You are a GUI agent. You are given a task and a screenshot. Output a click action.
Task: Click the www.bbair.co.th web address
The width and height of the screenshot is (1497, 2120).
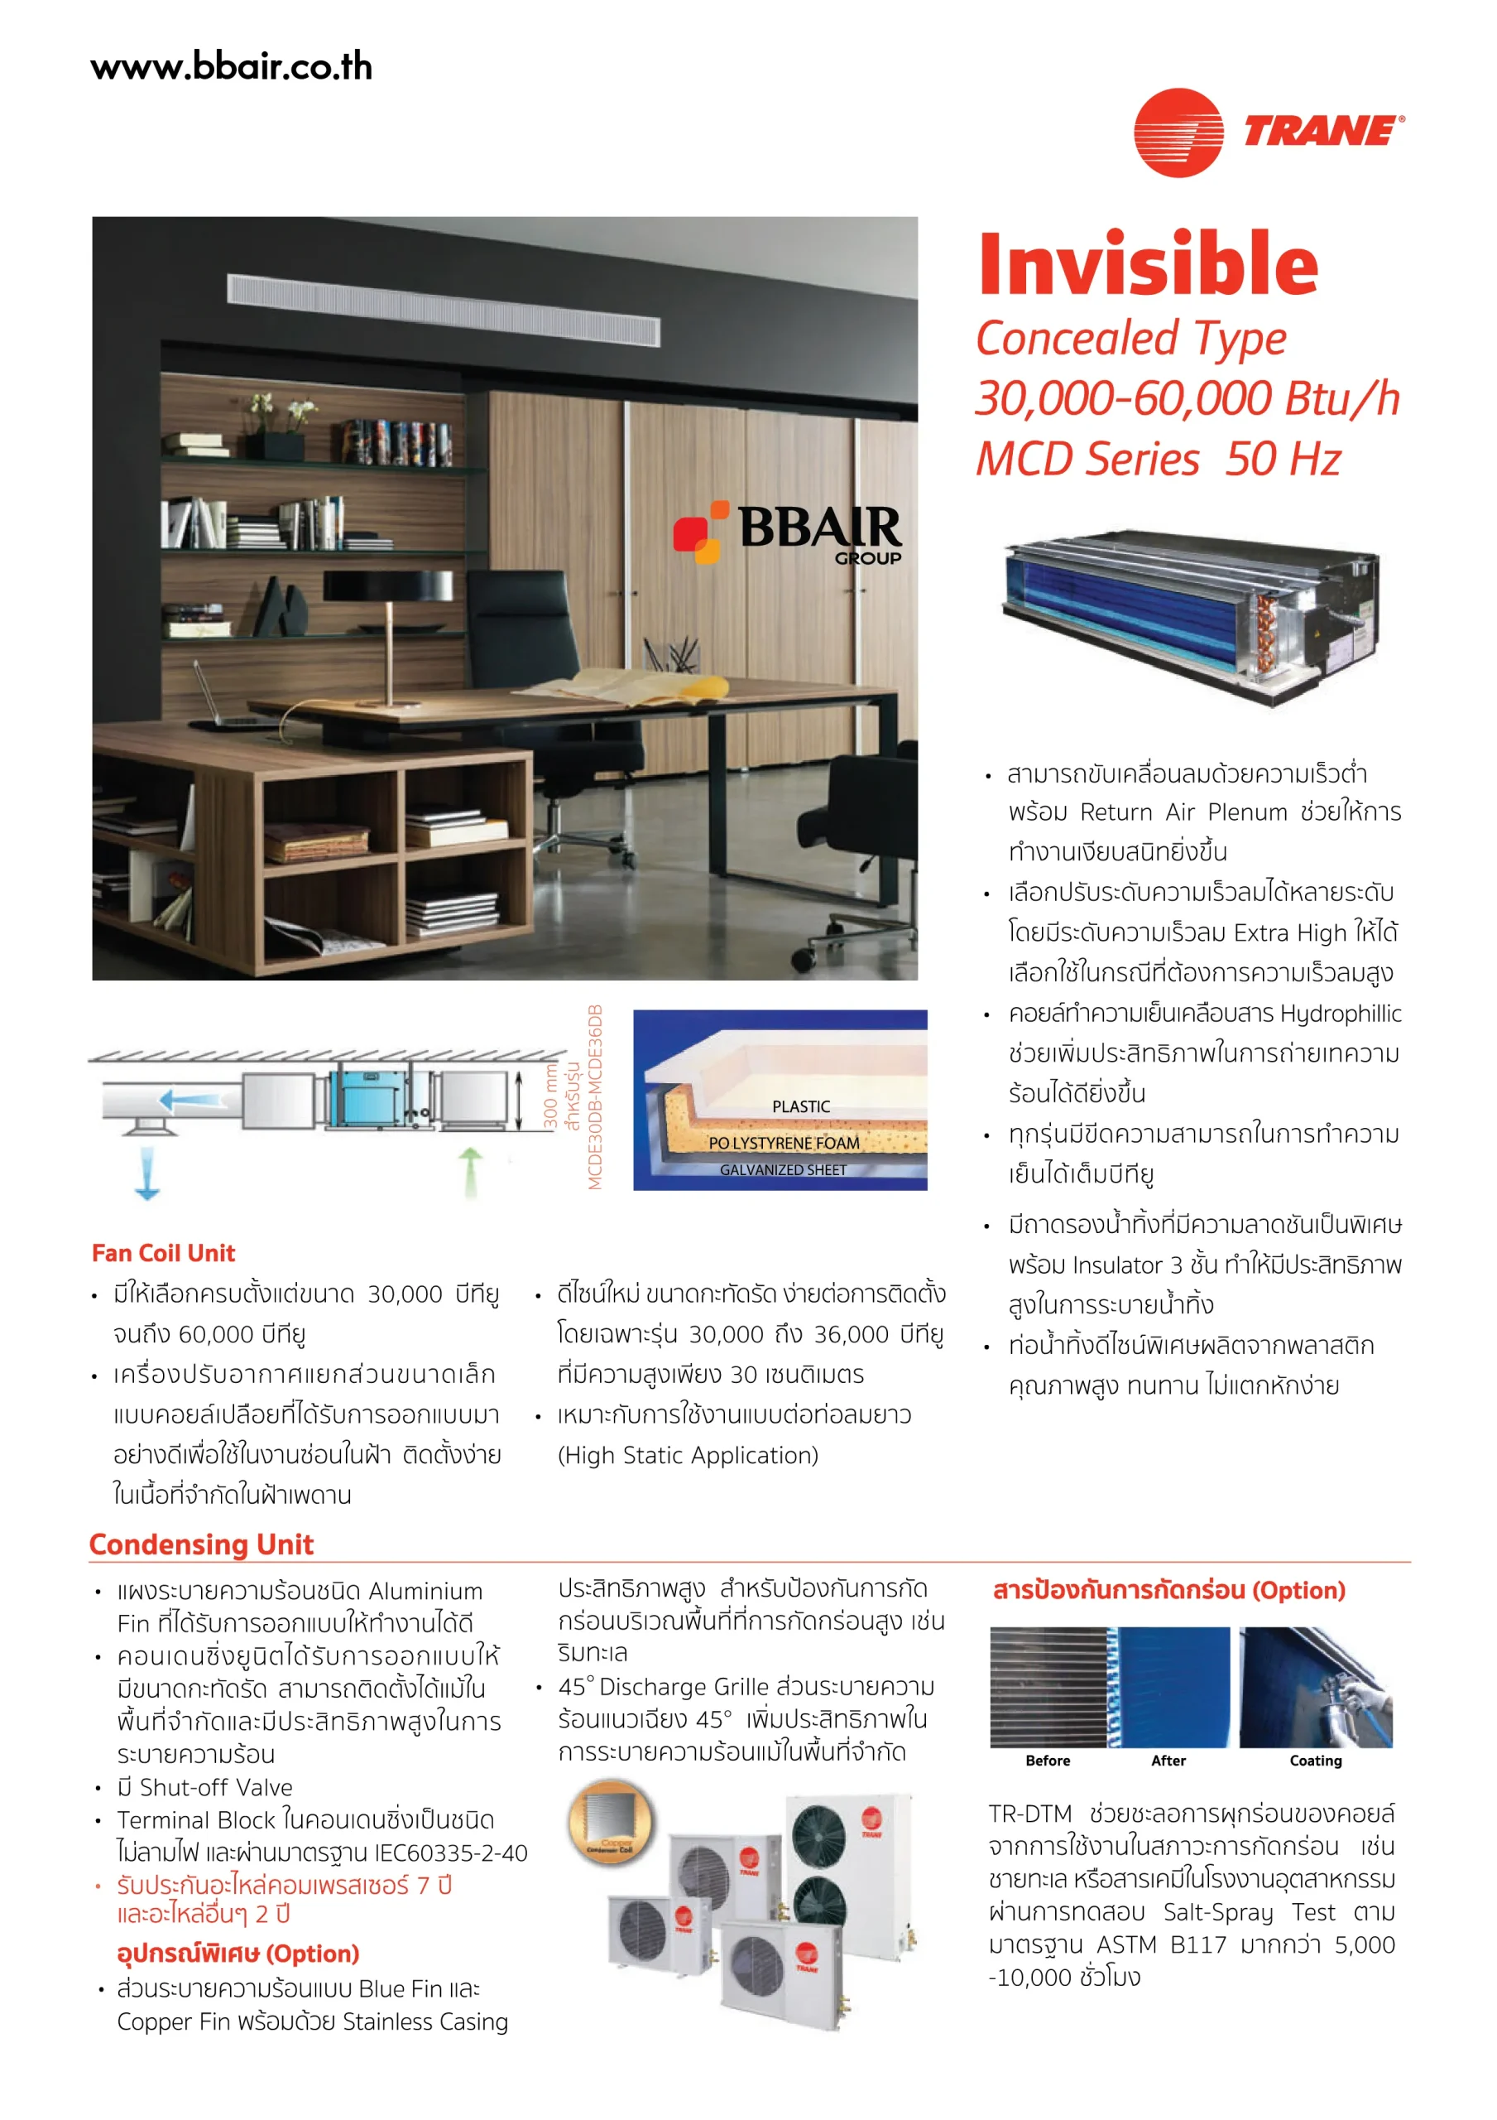231,67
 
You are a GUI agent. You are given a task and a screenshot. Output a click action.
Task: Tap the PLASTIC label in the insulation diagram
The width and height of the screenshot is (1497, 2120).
800,1106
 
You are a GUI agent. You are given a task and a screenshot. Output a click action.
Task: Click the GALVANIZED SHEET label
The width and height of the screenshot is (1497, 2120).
783,1170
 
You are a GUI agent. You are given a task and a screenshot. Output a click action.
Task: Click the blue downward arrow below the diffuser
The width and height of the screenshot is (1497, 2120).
147,1173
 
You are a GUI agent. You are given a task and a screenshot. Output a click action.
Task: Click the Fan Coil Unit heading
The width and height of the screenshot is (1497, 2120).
163,1253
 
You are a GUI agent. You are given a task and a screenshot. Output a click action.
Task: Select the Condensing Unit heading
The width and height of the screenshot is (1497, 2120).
201,1544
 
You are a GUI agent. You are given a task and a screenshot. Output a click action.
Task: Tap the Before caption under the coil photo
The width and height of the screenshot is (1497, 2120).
1048,1760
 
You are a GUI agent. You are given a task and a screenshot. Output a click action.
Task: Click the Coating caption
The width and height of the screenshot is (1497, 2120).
1315,1760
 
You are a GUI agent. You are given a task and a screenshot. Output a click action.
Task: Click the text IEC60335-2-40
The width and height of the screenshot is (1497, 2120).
451,1853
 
